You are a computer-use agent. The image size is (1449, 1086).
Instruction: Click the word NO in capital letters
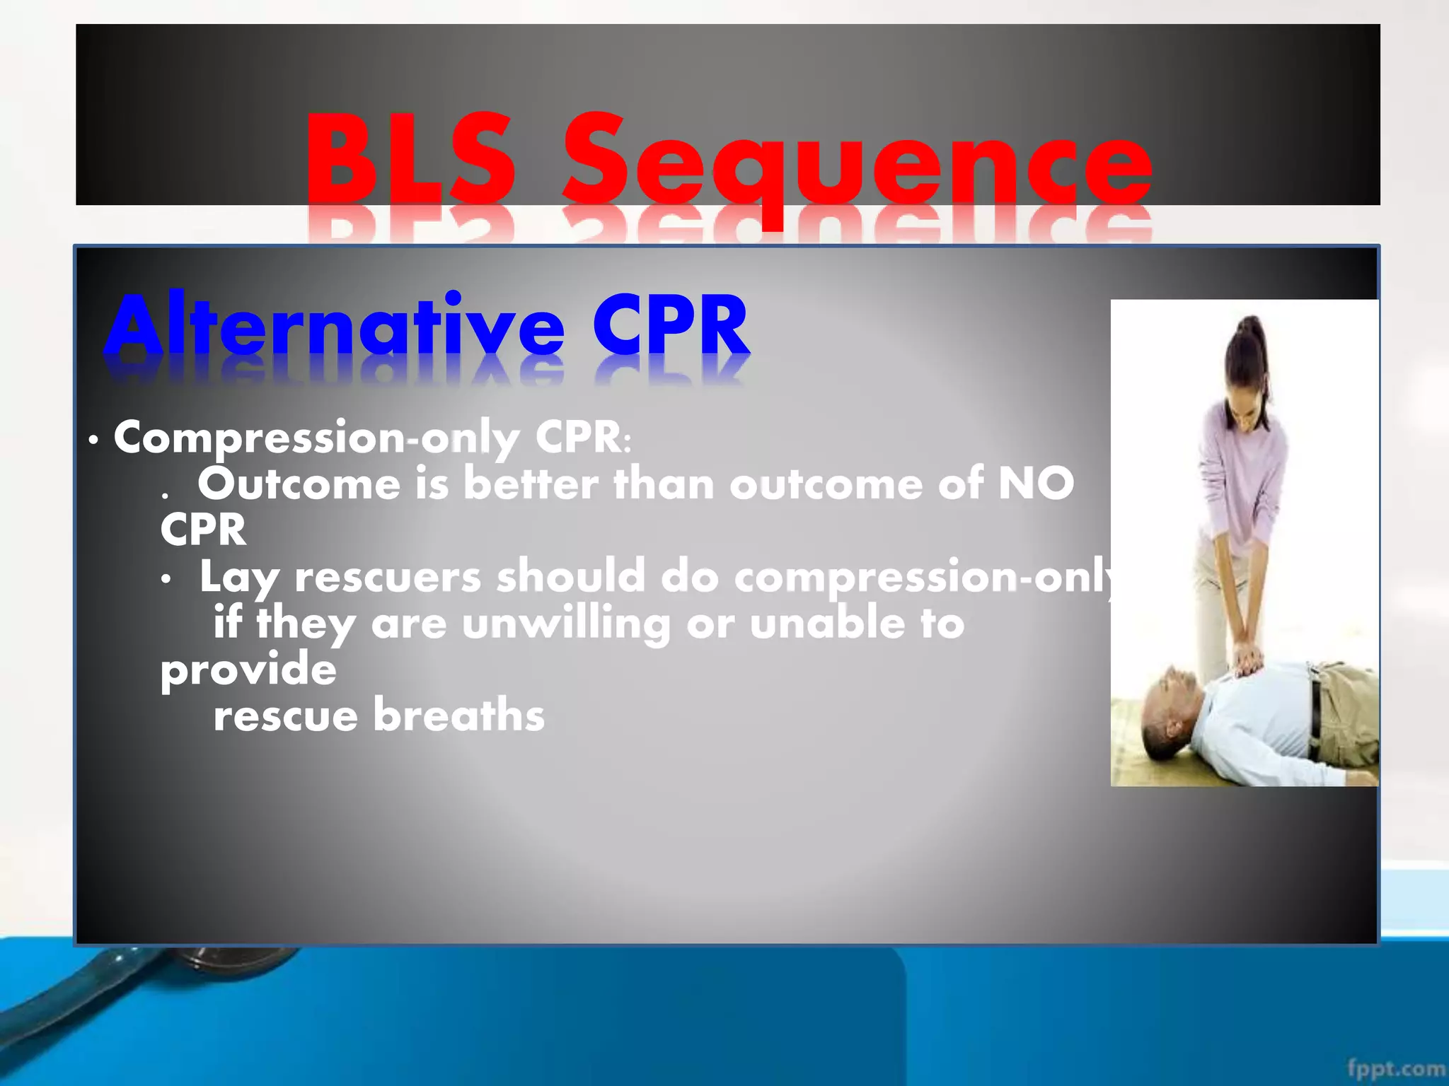click(x=1036, y=485)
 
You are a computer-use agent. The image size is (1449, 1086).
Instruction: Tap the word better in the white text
click(x=531, y=485)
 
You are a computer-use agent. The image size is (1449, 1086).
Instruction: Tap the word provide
click(x=248, y=670)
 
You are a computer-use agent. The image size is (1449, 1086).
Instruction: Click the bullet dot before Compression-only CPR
click(x=93, y=440)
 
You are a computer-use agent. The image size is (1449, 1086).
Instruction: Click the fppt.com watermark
click(x=1395, y=1068)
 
